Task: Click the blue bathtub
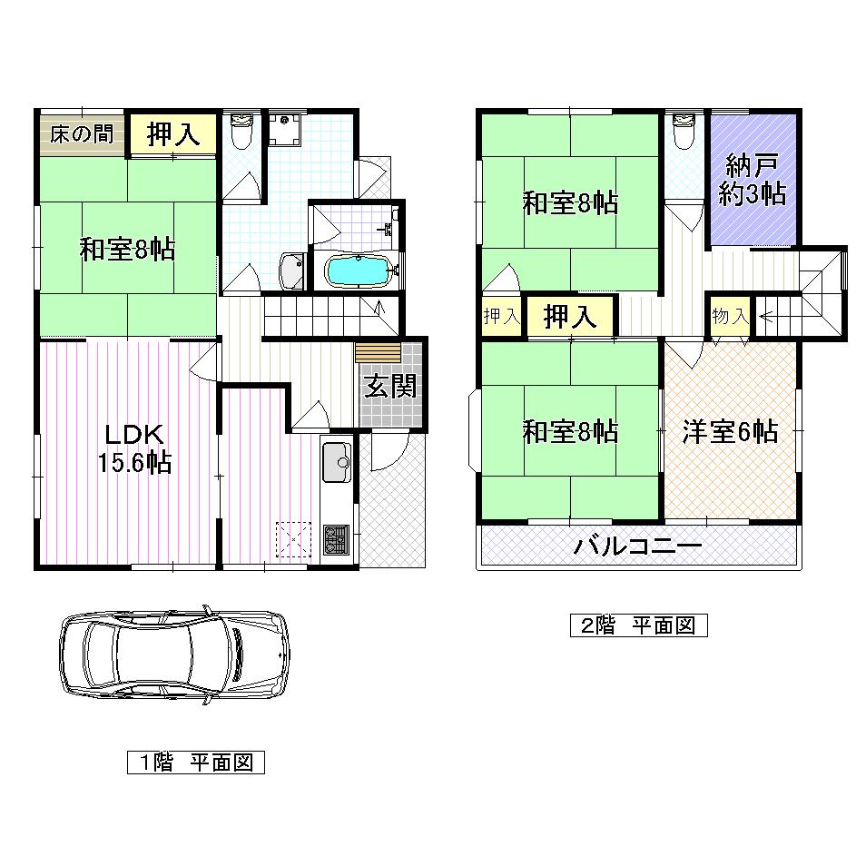pos(359,271)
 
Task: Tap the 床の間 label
pos(82,134)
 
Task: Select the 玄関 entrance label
pos(391,387)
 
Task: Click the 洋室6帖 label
pos(730,432)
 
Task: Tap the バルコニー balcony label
pos(637,547)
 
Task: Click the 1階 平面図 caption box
pos(195,763)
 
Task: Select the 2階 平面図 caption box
pos(637,625)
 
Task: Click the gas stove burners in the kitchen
pos(338,539)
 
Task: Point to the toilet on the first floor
pos(241,133)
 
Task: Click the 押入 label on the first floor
pos(172,134)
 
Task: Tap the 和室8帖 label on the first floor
pos(127,249)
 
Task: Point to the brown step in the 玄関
pos(378,352)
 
